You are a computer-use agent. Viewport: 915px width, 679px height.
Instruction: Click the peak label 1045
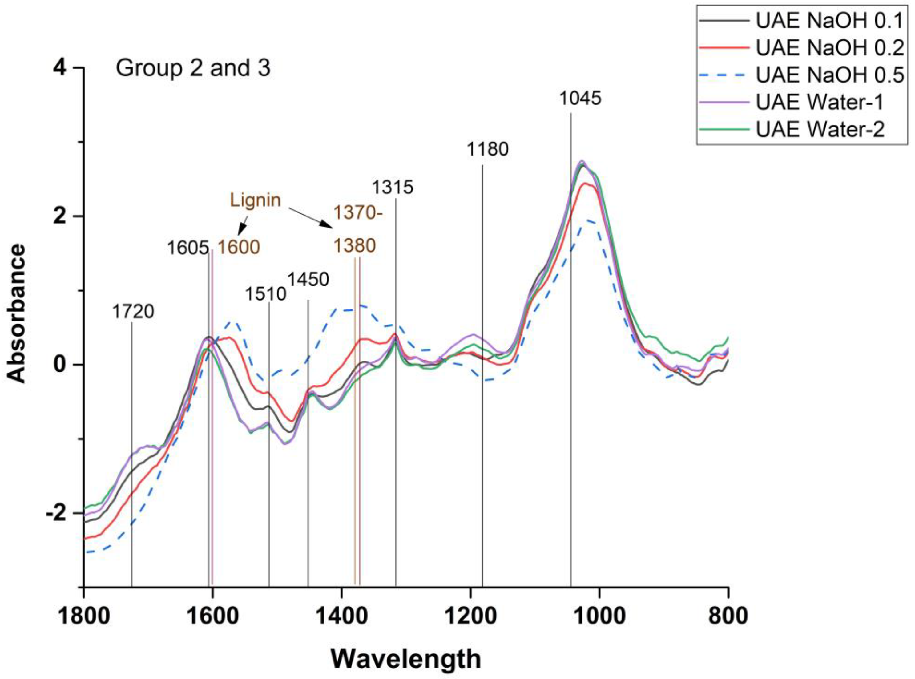[580, 98]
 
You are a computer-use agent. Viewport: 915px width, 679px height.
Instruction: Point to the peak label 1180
[487, 149]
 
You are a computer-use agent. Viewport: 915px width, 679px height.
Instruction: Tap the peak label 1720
[133, 312]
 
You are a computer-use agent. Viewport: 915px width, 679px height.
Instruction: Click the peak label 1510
[265, 294]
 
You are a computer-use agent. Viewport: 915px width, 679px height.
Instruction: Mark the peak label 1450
[308, 280]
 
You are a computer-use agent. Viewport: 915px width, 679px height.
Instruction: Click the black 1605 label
[188, 248]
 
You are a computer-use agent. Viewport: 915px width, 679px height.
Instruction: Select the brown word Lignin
[256, 200]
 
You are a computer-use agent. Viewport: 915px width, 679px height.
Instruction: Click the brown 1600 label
[239, 248]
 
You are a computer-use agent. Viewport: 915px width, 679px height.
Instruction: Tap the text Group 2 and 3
[193, 68]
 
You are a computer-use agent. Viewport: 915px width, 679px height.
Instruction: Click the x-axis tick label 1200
[470, 616]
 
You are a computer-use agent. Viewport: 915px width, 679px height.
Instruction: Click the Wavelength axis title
[406, 659]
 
